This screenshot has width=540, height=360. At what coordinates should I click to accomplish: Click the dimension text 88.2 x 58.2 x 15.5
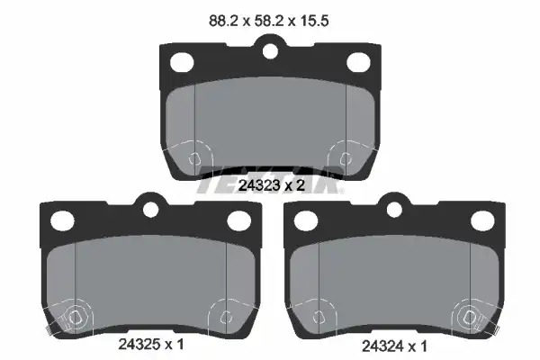[x=268, y=21]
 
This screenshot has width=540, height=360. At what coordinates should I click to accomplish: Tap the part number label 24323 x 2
[x=272, y=185]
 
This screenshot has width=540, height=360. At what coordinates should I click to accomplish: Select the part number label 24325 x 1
[x=151, y=344]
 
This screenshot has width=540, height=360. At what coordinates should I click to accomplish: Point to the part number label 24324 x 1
[x=394, y=346]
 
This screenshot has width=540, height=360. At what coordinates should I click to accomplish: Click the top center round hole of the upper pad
[x=270, y=51]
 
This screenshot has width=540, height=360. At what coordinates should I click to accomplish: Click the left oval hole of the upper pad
[x=182, y=62]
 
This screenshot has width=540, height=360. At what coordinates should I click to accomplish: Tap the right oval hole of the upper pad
[x=358, y=62]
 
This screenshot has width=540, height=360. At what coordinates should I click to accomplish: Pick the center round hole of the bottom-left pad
[x=150, y=210]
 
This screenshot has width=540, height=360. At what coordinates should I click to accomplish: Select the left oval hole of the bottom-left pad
[x=62, y=220]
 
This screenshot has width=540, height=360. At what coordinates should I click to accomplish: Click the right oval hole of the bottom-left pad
[x=239, y=220]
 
